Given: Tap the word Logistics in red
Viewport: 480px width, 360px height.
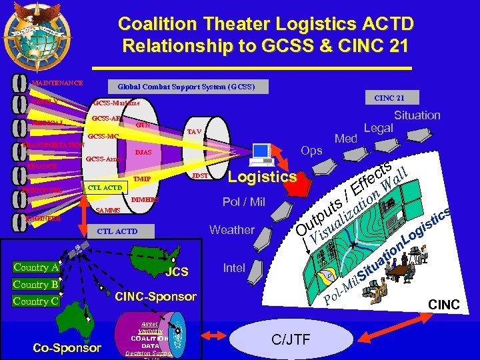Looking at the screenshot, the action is (262, 177).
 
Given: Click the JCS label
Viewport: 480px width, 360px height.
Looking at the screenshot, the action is (177, 272).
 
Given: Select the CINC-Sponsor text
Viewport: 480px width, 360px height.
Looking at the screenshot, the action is (156, 296).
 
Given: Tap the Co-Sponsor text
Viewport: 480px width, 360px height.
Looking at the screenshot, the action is (67, 347).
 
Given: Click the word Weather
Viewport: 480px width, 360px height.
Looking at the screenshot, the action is (232, 230).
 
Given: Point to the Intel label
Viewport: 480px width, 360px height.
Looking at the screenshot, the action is (234, 268).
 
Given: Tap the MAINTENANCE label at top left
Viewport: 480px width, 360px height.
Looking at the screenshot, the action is (58, 83).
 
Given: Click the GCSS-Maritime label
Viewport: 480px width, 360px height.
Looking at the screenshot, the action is (117, 103).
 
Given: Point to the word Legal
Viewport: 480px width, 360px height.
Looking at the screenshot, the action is (379, 128).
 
